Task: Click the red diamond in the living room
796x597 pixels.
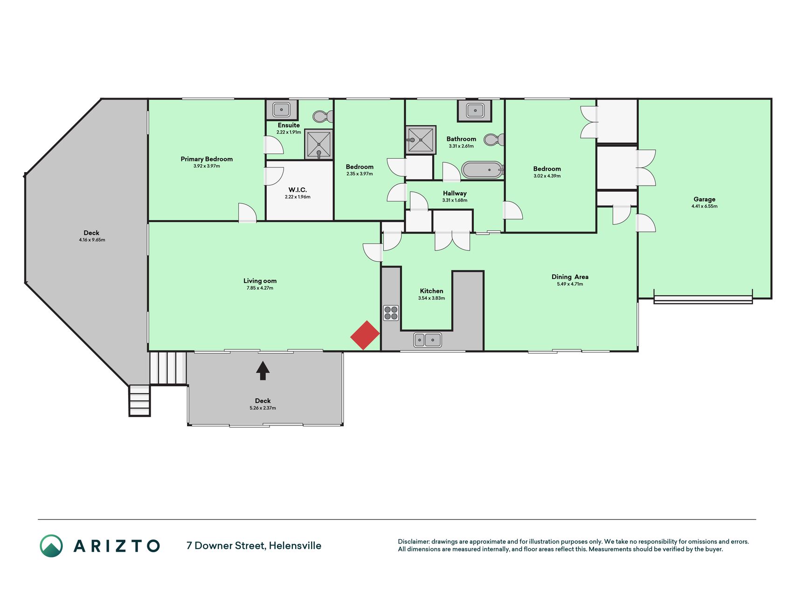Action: click(365, 335)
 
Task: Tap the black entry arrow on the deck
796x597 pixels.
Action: click(263, 371)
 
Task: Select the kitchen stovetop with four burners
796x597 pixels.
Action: click(391, 313)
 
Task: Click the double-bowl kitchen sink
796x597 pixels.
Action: click(428, 340)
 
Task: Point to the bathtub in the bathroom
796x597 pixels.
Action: click(483, 170)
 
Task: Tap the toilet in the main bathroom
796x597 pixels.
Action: click(494, 139)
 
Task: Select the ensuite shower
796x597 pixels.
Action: click(319, 145)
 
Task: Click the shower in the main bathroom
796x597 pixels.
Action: click(421, 139)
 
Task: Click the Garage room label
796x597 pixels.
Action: click(704, 199)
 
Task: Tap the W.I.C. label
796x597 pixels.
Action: click(298, 190)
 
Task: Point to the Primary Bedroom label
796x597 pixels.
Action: click(207, 159)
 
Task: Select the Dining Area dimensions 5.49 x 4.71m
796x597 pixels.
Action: click(570, 284)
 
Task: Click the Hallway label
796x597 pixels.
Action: click(455, 193)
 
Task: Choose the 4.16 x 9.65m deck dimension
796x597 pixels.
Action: click(92, 240)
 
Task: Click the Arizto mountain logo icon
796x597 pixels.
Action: click(51, 546)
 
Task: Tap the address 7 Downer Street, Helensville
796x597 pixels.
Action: click(254, 546)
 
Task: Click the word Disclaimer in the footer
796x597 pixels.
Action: click(413, 541)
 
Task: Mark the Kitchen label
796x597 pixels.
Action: click(431, 291)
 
